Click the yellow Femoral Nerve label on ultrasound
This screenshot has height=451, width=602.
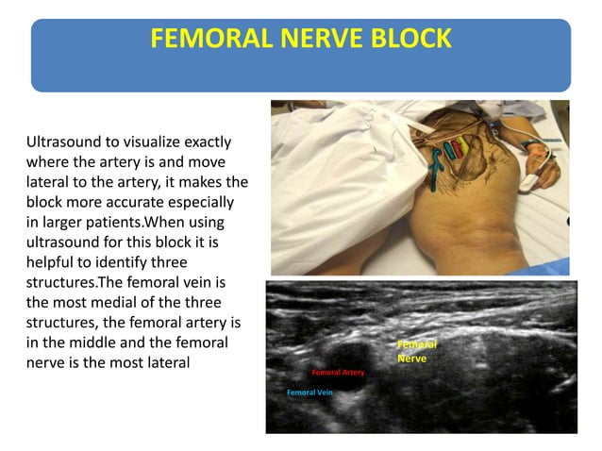point(416,352)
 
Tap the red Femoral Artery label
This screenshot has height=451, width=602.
point(338,373)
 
